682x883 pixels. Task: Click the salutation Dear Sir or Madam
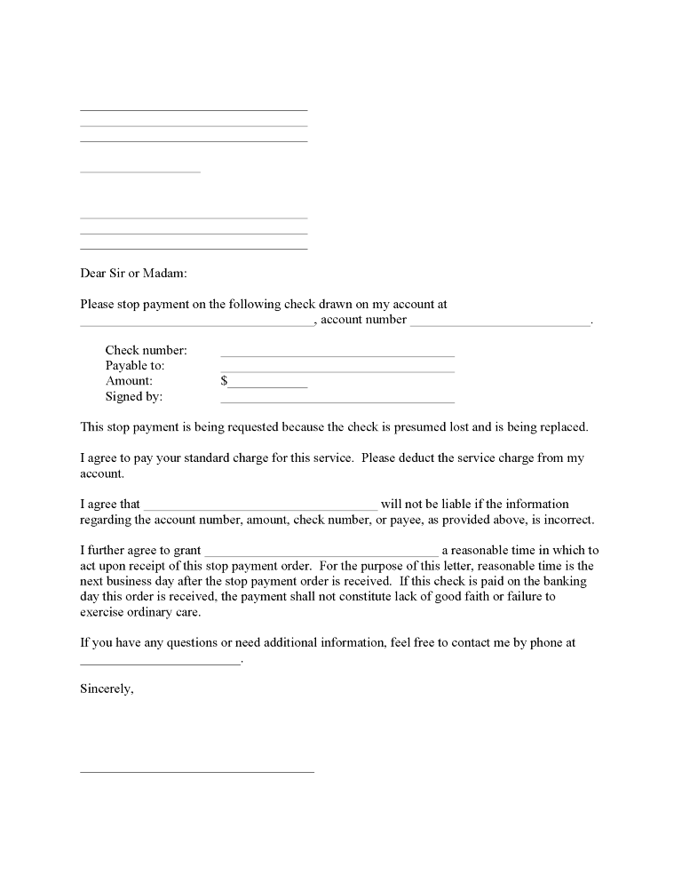(x=133, y=273)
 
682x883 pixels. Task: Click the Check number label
(x=146, y=351)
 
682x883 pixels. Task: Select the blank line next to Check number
(x=337, y=355)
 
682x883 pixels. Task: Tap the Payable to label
(x=135, y=366)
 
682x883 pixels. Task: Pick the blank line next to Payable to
(x=337, y=370)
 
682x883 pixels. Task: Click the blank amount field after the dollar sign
(x=268, y=386)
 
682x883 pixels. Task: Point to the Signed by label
(x=133, y=397)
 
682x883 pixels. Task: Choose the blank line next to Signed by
(x=337, y=402)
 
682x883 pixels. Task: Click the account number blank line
(x=500, y=324)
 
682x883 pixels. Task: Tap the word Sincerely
(x=107, y=688)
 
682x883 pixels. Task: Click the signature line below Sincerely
(x=197, y=771)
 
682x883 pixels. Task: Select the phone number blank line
(x=160, y=663)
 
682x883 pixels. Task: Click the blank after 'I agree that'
(x=260, y=509)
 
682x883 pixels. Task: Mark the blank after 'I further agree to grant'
(x=321, y=555)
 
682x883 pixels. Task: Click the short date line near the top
(x=140, y=171)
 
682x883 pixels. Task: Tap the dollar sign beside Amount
(x=224, y=381)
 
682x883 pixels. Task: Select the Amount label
(x=129, y=381)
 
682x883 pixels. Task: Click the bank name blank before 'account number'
(x=197, y=324)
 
